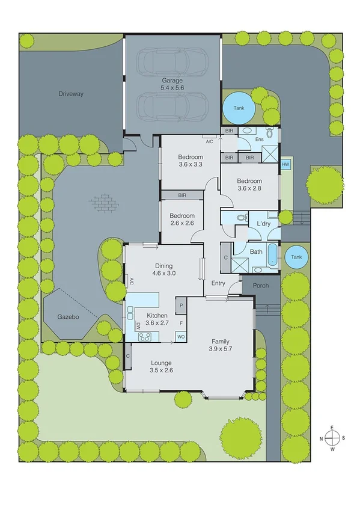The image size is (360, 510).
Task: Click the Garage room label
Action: pos(172,80)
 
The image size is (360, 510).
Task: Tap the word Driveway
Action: pos(71,94)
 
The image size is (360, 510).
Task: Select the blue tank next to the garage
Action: pos(239,109)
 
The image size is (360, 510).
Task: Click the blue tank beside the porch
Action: pos(296,257)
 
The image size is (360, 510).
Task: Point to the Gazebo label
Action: pos(69,316)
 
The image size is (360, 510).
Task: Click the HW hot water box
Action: pos(285,164)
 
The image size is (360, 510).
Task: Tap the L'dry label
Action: pos(264,224)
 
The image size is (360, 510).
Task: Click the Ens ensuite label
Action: pos(260,140)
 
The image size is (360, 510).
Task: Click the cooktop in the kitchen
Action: pos(145,337)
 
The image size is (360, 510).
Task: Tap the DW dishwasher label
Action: pos(138,325)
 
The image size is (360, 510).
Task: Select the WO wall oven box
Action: pos(180,337)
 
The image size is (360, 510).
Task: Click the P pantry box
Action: pos(180,306)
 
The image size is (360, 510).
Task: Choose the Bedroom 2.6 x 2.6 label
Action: pos(182,220)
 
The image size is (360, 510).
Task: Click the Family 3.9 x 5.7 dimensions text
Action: pos(220,348)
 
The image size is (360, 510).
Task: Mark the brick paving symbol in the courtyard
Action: pos(103,202)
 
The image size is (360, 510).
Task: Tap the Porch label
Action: pos(260,286)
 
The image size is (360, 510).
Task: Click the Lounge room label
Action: pos(161,363)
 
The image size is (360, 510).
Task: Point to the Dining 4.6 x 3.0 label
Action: pos(163,269)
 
